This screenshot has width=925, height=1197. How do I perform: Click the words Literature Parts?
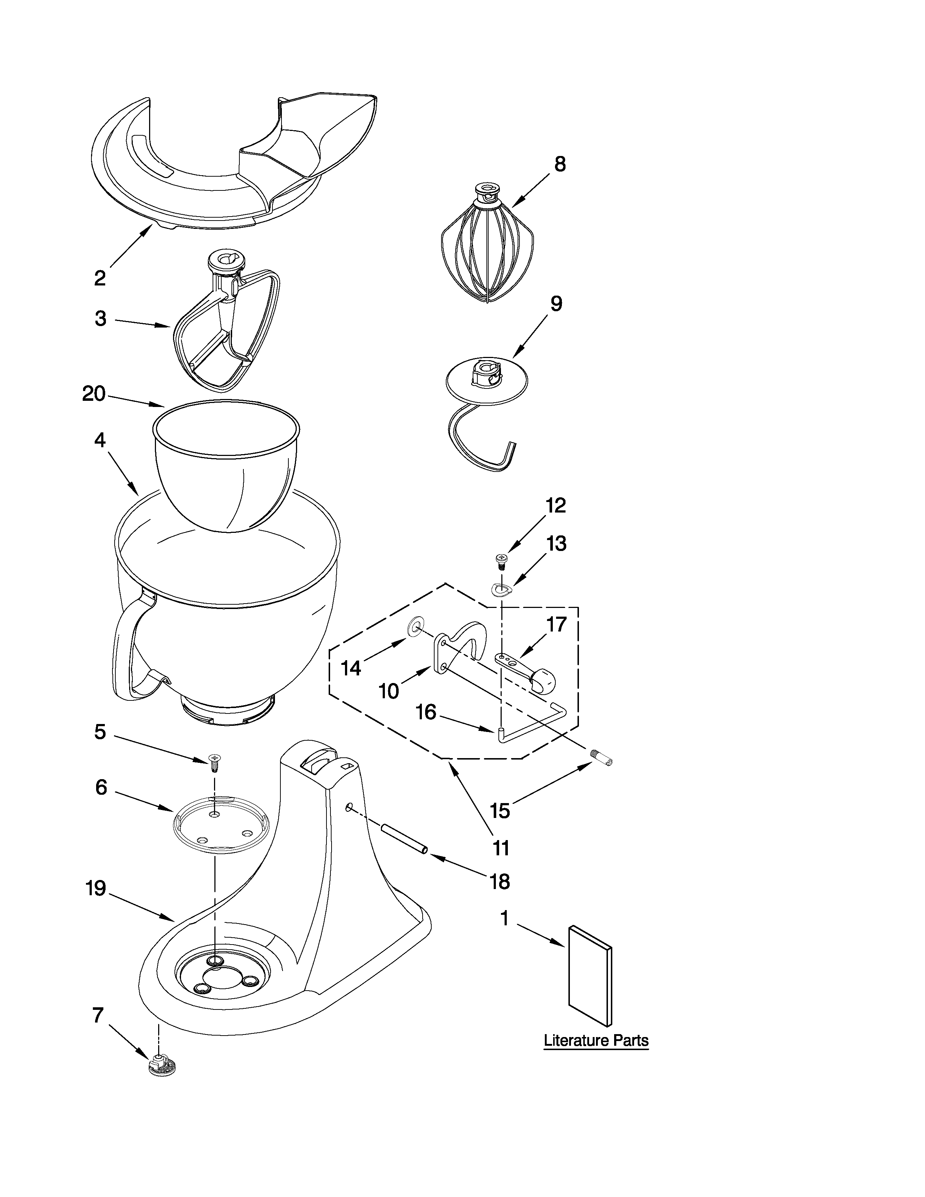click(596, 1040)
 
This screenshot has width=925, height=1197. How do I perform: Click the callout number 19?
click(96, 888)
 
